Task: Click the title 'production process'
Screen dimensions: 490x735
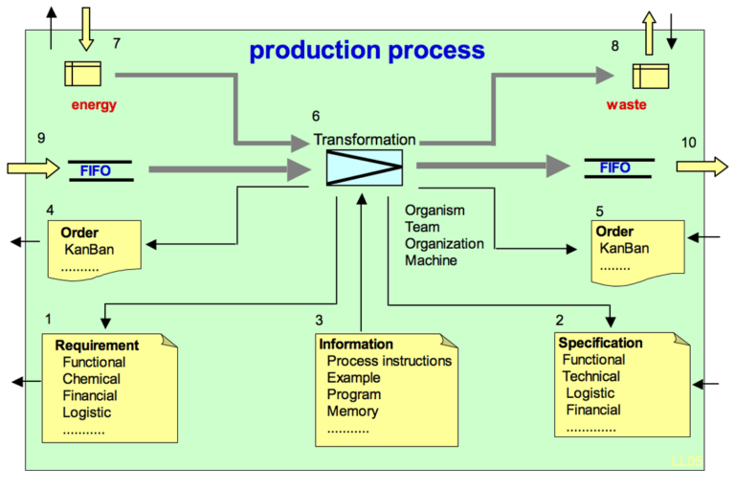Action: (367, 50)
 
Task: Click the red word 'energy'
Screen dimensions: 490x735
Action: (94, 105)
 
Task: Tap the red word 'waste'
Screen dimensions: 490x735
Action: (626, 105)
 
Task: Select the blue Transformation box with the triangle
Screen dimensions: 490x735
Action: (364, 167)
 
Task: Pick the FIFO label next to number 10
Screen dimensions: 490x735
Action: (614, 168)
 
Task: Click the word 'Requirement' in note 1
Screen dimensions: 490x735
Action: (97, 345)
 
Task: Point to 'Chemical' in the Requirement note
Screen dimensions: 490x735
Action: (91, 379)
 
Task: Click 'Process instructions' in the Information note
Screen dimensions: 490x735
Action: (389, 361)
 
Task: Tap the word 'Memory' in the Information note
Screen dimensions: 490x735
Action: (352, 412)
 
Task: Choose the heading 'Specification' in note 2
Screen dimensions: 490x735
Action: (600, 343)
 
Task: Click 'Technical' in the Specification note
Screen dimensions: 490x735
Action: (590, 376)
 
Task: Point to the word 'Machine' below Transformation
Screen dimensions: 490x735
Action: (431, 260)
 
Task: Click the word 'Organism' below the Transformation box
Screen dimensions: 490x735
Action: (434, 210)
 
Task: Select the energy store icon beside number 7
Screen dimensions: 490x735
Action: (82, 72)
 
